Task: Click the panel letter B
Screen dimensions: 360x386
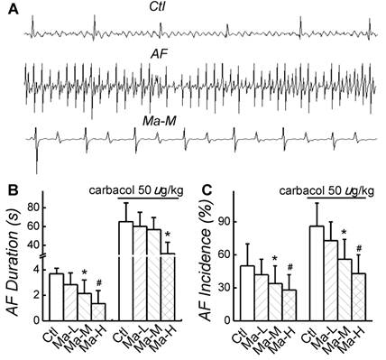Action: (10, 191)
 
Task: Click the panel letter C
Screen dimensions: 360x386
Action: (204, 191)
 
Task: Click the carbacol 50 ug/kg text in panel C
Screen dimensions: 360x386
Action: (327, 190)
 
